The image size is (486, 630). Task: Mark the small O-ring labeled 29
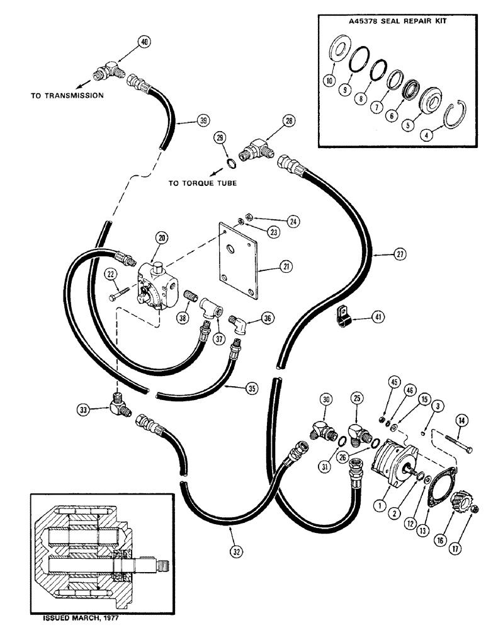231,166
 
